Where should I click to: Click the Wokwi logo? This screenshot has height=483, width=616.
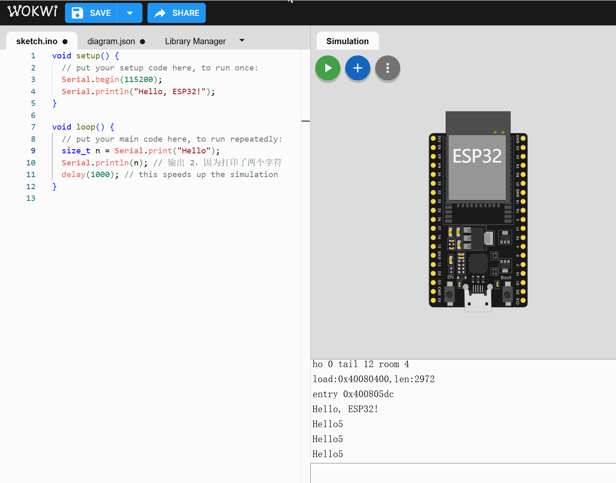point(32,11)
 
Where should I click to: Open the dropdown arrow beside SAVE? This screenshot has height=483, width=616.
point(130,13)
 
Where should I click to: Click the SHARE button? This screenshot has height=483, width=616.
point(177,13)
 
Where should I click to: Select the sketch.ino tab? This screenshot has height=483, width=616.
point(37,41)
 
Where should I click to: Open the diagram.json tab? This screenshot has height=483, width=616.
point(111,41)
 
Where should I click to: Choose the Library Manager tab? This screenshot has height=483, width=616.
point(195,41)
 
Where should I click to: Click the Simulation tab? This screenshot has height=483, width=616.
point(347,41)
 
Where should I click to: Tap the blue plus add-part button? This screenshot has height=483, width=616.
point(358,68)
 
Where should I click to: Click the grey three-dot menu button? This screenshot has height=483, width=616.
point(387,68)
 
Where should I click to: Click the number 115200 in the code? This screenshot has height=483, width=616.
point(139,80)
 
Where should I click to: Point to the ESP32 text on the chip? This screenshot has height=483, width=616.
point(477,156)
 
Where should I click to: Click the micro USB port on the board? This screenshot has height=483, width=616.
point(478,301)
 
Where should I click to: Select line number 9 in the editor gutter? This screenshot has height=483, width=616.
point(33,151)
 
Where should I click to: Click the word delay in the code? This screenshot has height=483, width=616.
point(73,175)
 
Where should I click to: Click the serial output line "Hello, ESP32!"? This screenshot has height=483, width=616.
point(345,409)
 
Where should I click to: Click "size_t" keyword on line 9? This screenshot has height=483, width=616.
point(76,151)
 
